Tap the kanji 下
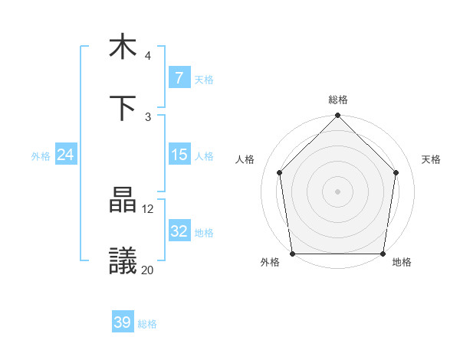[x=123, y=107]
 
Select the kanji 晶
[x=123, y=201]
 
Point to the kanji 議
[x=123, y=260]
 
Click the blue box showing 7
[x=179, y=78]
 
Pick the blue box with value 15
[x=179, y=155]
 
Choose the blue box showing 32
[x=179, y=231]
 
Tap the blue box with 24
[x=65, y=155]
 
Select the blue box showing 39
[x=122, y=322]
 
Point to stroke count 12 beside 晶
[x=148, y=208]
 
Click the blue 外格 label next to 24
[x=41, y=155]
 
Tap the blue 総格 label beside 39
[x=148, y=324]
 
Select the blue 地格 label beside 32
[x=204, y=232]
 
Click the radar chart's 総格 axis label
[x=338, y=100]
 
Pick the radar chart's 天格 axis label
[x=432, y=159]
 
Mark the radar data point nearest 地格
[x=383, y=254]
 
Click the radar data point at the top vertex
[x=338, y=116]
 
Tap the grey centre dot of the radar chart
[x=338, y=191]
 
